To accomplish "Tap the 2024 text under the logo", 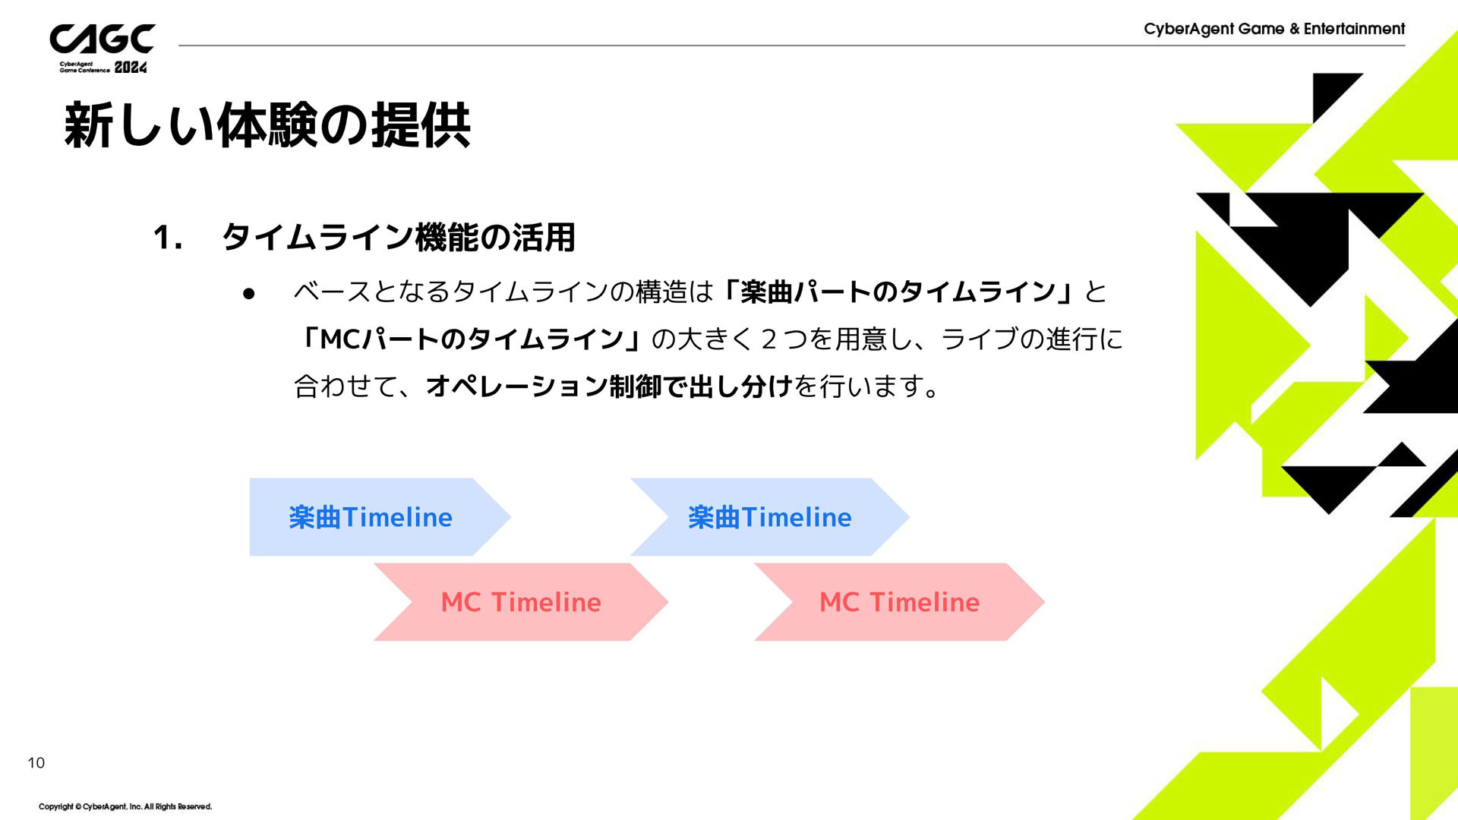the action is tap(131, 68).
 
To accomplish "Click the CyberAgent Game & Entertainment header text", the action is tap(1274, 29).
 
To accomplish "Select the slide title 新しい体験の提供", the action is tap(267, 125).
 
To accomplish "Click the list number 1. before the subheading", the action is tap(168, 238).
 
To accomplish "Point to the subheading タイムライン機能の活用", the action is tap(398, 238).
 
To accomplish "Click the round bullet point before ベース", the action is tap(248, 294).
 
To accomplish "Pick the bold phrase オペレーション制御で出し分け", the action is tap(609, 386).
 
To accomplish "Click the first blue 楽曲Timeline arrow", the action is tap(380, 517).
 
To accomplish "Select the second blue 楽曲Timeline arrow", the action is tap(770, 517).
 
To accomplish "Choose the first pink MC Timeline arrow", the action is tap(521, 602).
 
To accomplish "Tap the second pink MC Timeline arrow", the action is tap(900, 602).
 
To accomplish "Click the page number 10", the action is tap(36, 763).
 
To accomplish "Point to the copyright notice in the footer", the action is tap(125, 806).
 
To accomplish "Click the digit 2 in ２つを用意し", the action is tap(768, 339).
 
